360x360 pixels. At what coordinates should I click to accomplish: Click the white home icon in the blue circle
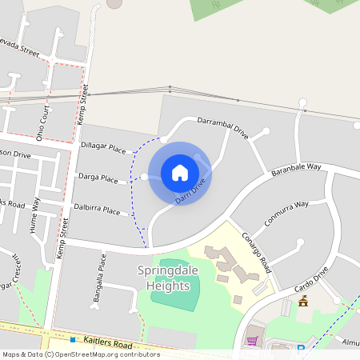[180, 172]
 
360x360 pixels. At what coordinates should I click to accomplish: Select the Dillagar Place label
[104, 149]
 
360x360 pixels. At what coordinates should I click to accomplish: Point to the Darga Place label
[98, 176]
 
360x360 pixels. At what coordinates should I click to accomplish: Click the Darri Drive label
[192, 188]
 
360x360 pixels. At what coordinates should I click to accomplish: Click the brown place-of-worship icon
[303, 302]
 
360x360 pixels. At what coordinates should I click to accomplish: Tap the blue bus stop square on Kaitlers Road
[72, 339]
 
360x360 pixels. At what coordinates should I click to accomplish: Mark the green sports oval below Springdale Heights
[175, 286]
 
